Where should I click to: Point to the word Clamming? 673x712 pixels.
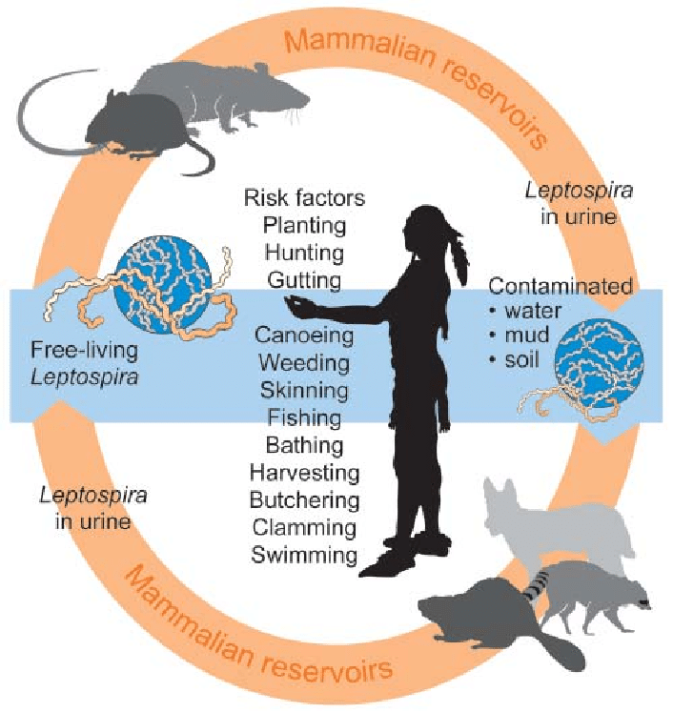point(304,527)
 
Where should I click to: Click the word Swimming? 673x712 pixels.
point(304,555)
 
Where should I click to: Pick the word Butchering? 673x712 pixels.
point(304,499)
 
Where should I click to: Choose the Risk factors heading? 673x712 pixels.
point(304,198)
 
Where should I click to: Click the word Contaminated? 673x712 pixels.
point(560,286)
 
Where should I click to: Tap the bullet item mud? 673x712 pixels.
point(523,336)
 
